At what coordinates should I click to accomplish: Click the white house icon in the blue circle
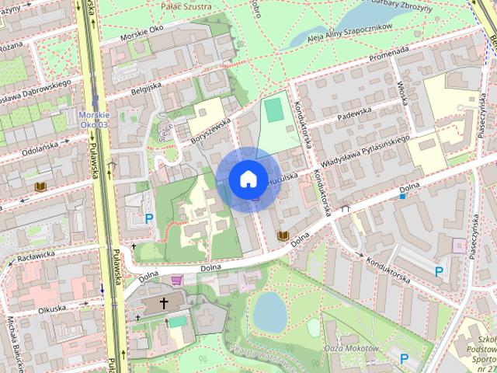pyautogui.click(x=248, y=180)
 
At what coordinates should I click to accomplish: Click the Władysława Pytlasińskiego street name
pyautogui.click(x=364, y=152)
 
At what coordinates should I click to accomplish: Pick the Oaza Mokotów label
pyautogui.click(x=351, y=347)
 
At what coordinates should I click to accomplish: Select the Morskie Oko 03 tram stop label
pyautogui.click(x=95, y=120)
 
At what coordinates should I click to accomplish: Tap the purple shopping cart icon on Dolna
pyautogui.click(x=178, y=280)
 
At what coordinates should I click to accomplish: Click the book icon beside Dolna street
pyautogui.click(x=283, y=235)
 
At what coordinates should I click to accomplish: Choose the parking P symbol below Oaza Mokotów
pyautogui.click(x=404, y=358)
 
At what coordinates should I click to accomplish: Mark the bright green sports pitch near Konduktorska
pyautogui.click(x=274, y=110)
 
